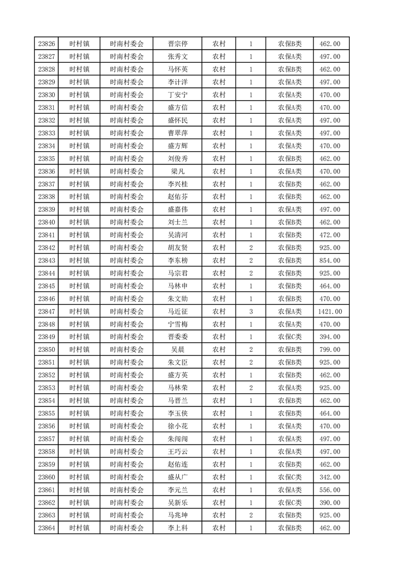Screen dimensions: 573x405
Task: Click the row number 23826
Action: tap(46, 44)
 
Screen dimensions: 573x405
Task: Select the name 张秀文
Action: tap(178, 57)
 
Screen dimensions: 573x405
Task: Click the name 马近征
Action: tap(178, 312)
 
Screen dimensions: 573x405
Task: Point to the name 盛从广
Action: tap(178, 477)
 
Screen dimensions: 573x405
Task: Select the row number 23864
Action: tap(46, 528)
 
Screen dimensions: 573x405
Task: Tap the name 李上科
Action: tap(178, 528)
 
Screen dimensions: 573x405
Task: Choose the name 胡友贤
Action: tap(178, 248)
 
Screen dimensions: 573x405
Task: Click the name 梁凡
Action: tap(178, 171)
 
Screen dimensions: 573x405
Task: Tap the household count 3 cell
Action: tap(251, 312)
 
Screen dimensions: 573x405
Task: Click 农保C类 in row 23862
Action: tap(290, 503)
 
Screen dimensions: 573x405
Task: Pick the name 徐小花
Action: tap(178, 426)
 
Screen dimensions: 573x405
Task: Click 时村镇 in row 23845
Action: tap(79, 286)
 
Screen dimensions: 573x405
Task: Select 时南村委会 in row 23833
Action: tap(127, 133)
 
